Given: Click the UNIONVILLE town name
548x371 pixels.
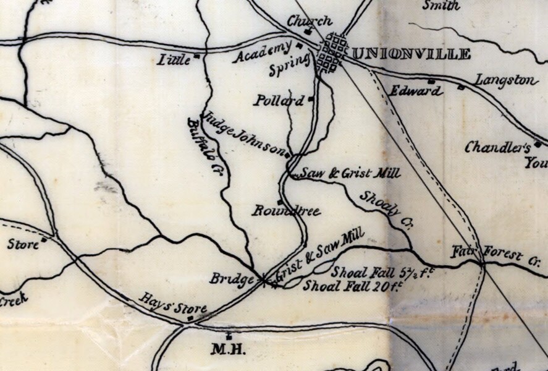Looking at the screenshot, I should (x=411, y=54).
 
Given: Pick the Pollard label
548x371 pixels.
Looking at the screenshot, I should (x=279, y=100).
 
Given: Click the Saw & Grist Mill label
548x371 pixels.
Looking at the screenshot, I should (x=348, y=174).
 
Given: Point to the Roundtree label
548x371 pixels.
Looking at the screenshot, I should (x=286, y=211).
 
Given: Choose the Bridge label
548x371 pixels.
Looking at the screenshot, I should (x=232, y=279).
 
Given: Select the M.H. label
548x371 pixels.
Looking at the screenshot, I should (x=229, y=350).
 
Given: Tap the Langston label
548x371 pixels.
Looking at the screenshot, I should (x=507, y=80).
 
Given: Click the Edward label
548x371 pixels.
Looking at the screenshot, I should (x=416, y=91).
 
